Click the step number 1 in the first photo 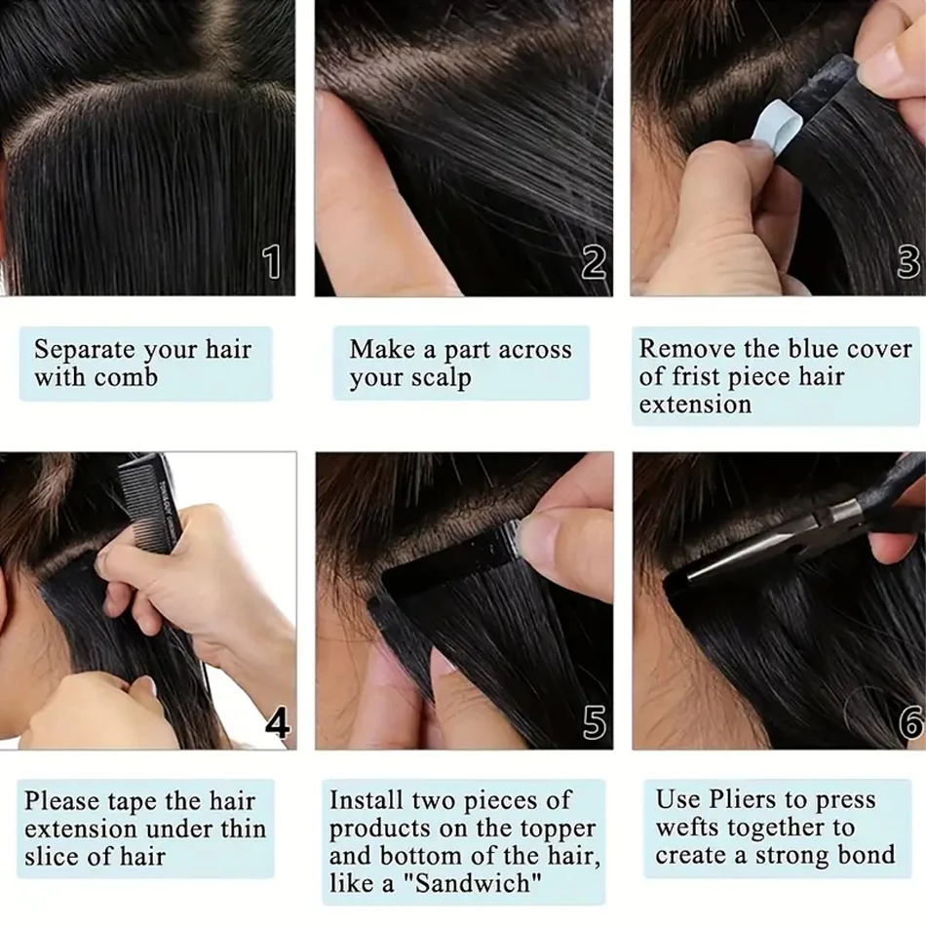272,262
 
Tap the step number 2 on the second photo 594,262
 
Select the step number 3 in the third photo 907,262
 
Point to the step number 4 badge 277,723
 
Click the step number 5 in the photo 594,723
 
